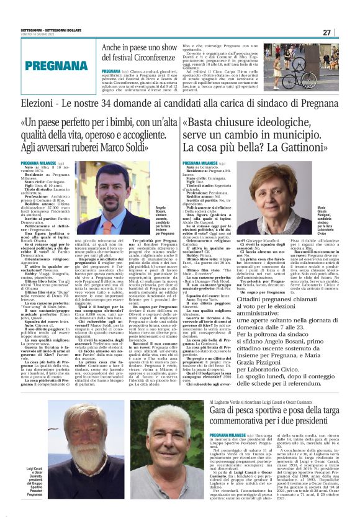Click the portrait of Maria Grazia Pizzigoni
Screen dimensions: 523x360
pyautogui.click(x=282, y=199)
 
